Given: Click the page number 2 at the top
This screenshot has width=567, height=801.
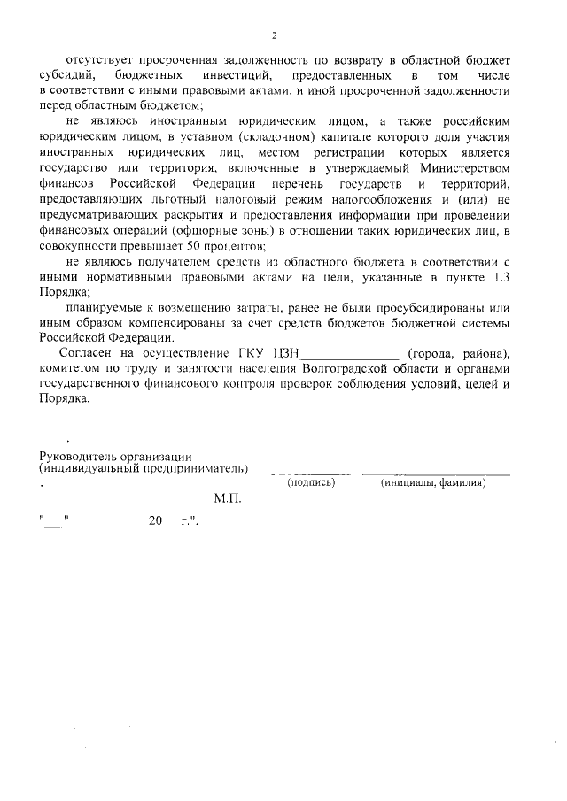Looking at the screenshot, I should click(x=275, y=35).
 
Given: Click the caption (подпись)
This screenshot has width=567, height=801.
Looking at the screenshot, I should click(x=309, y=483).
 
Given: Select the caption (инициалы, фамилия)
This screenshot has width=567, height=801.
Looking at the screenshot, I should click(x=433, y=483).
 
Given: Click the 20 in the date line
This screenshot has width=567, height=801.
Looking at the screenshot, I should click(x=155, y=521).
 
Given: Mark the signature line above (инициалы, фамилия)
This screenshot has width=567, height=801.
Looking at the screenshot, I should click(x=435, y=474).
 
